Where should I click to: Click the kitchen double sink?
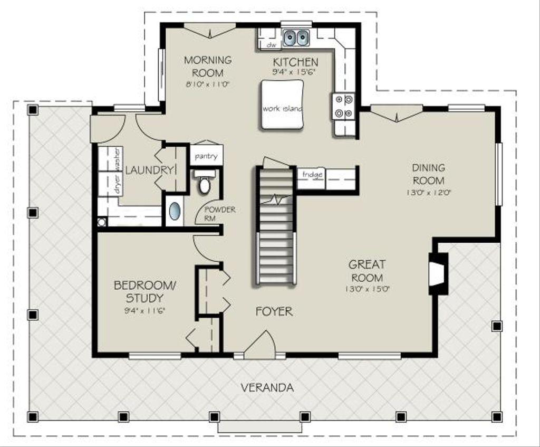pyautogui.click(x=296, y=37)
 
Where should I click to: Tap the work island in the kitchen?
pyautogui.click(x=283, y=104)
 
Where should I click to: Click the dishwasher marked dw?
pyautogui.click(x=271, y=45)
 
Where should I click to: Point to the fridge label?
pyautogui.click(x=312, y=174)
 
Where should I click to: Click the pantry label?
pyautogui.click(x=206, y=156)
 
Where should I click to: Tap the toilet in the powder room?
pyautogui.click(x=205, y=181)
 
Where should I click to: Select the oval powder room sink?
pyautogui.click(x=175, y=211)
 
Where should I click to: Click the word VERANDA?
pyautogui.click(x=267, y=388)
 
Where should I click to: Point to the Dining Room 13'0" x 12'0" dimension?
pyautogui.click(x=429, y=192)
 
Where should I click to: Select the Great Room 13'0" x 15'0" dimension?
pyautogui.click(x=367, y=289)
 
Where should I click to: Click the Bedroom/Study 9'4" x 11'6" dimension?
pyautogui.click(x=144, y=310)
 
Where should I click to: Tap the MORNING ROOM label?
pyautogui.click(x=208, y=66)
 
